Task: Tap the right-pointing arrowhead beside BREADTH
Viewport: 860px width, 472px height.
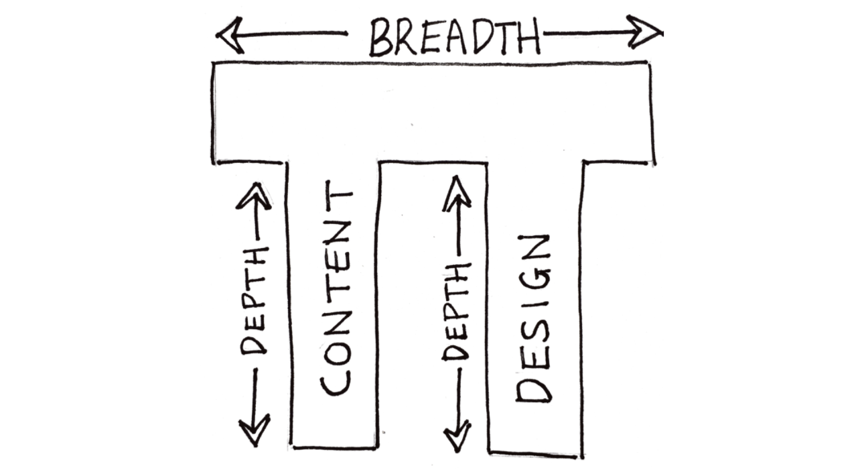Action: (x=645, y=32)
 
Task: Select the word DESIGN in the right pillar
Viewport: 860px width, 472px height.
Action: (x=534, y=319)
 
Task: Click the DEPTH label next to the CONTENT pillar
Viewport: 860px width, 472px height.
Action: (x=254, y=300)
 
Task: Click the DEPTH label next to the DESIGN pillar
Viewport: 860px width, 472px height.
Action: (x=456, y=312)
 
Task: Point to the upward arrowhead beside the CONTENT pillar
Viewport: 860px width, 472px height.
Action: (x=254, y=195)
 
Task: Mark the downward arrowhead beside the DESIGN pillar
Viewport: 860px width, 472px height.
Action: (x=457, y=436)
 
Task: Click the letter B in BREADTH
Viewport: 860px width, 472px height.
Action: (x=381, y=38)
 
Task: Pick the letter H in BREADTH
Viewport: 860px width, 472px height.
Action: (x=528, y=38)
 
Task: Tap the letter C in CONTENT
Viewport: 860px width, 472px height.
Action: (x=336, y=381)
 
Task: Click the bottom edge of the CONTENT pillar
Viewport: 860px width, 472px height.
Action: (x=334, y=447)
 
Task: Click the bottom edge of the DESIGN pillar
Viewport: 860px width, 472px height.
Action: (x=533, y=455)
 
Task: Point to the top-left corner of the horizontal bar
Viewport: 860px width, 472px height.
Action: (x=214, y=64)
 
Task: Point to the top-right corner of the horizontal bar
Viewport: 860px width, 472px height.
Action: (x=648, y=63)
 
